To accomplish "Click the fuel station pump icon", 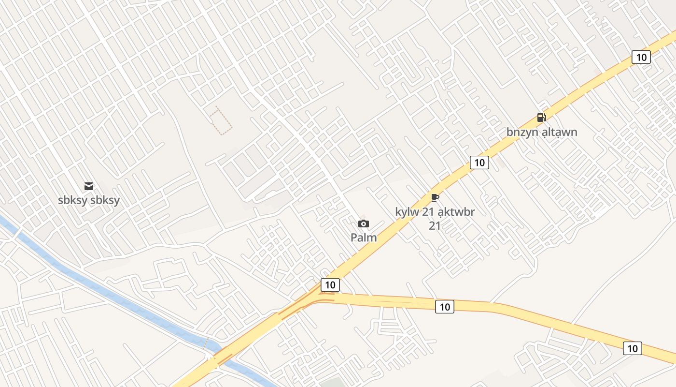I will pos(541,117).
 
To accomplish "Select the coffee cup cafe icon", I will pos(435,197).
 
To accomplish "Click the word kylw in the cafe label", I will pos(405,212).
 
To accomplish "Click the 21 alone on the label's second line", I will pos(435,225).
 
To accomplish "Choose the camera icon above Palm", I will pos(364,223).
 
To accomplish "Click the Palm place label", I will pos(364,238).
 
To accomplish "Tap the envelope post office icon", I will pos(89,186).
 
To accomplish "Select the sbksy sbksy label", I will pos(89,200).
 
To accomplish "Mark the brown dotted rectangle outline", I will pos(221,120).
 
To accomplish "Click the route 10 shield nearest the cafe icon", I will pos(479,163).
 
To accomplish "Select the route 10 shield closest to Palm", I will pos(330,285).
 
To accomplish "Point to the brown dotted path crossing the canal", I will pos(206,342).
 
